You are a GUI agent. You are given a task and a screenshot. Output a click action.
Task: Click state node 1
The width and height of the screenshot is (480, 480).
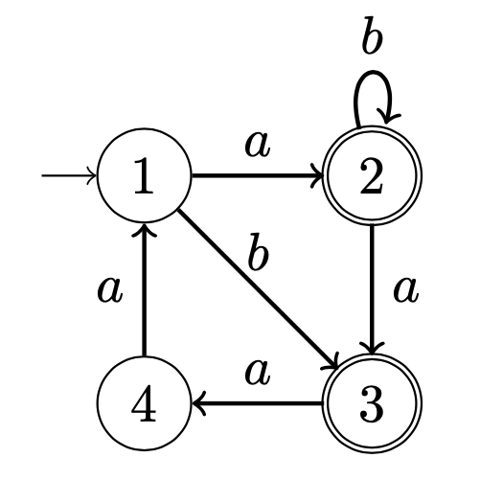click(145, 175)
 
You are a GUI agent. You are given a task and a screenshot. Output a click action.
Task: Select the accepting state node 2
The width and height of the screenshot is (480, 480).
click(373, 175)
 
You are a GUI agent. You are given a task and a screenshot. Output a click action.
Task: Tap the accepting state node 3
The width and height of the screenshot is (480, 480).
click(373, 403)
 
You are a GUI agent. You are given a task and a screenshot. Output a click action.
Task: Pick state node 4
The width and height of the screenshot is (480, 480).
click(145, 403)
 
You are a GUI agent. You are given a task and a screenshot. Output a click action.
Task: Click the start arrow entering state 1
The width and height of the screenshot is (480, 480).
click(69, 175)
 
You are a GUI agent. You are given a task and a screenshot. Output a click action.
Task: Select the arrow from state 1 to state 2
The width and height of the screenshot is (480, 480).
click(257, 175)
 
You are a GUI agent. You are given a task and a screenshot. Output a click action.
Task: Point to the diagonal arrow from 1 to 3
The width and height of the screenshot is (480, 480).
click(258, 289)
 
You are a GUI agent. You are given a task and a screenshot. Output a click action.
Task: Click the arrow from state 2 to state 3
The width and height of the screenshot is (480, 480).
click(373, 289)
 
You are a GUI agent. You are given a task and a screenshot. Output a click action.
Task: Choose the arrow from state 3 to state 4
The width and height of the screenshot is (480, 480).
click(257, 403)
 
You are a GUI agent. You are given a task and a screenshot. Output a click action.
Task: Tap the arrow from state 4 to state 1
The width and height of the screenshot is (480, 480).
click(145, 289)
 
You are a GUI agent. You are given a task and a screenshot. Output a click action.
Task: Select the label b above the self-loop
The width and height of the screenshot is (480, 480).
click(373, 35)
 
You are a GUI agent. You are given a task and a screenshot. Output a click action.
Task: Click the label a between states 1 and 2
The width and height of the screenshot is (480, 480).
click(258, 146)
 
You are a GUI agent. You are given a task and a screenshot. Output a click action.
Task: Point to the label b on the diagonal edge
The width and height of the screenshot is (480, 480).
click(258, 252)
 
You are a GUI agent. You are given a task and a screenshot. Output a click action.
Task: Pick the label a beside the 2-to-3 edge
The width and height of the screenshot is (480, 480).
click(405, 289)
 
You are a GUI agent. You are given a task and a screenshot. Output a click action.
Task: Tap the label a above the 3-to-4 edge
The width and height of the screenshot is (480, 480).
click(258, 374)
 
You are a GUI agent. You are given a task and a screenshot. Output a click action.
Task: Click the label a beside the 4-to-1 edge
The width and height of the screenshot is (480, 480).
click(109, 289)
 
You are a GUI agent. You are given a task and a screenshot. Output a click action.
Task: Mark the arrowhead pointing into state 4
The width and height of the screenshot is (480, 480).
click(198, 403)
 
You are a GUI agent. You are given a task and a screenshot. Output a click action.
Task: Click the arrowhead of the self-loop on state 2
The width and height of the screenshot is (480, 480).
click(388, 117)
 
